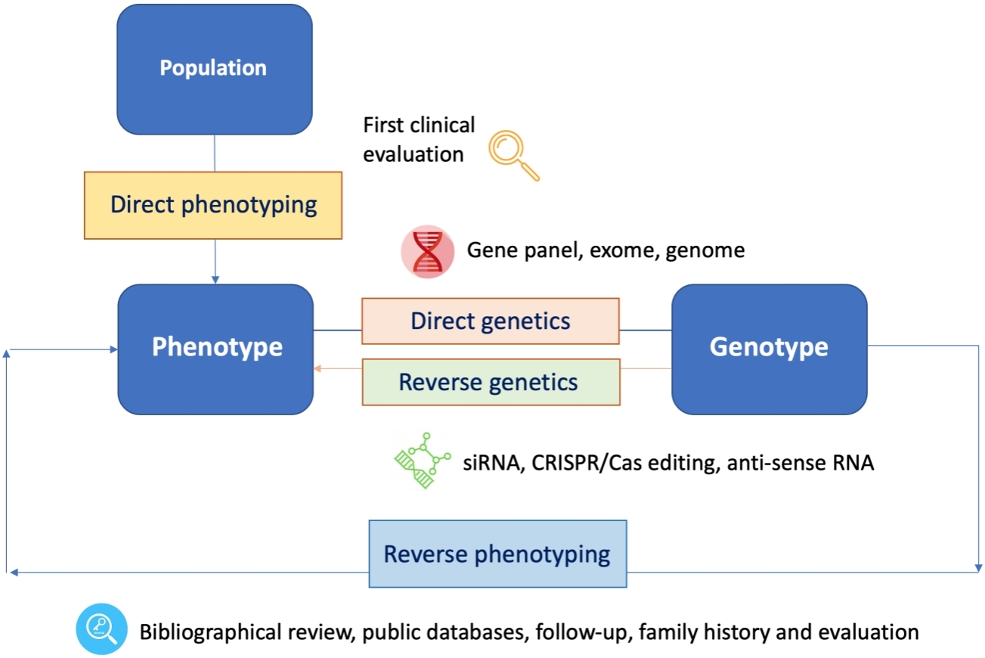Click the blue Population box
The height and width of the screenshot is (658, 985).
pyautogui.click(x=215, y=69)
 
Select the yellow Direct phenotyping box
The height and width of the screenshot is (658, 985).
pyautogui.click(x=213, y=206)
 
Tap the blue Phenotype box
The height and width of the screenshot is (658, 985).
pyautogui.click(x=215, y=349)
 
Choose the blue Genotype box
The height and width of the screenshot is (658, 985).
pyautogui.click(x=770, y=349)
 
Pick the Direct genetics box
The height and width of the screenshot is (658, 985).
pyautogui.click(x=491, y=321)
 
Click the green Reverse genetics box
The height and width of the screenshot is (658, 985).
pyautogui.click(x=491, y=382)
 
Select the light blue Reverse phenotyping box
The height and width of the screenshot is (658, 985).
pyautogui.click(x=497, y=554)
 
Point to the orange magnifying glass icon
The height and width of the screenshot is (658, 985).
pyautogui.click(x=513, y=155)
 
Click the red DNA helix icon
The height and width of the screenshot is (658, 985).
pyautogui.click(x=428, y=252)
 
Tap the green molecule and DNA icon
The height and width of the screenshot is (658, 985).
pyautogui.click(x=422, y=461)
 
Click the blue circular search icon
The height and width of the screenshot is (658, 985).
pyautogui.click(x=101, y=629)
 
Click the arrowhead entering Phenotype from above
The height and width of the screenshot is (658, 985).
pyautogui.click(x=215, y=280)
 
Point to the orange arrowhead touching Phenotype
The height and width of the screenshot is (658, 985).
pyautogui.click(x=317, y=368)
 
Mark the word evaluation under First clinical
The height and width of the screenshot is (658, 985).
pyautogui.click(x=414, y=154)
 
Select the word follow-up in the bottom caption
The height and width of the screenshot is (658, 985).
pyautogui.click(x=582, y=632)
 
